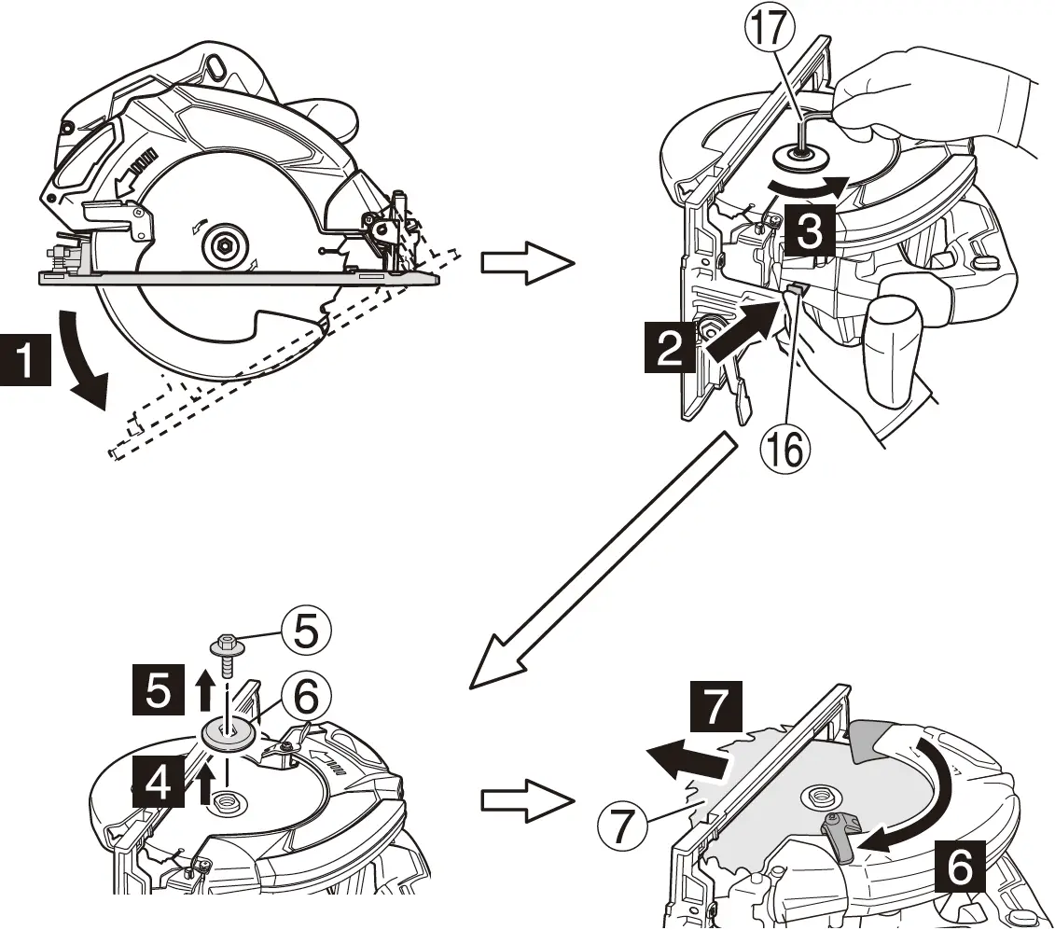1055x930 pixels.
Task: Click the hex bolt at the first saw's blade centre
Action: coord(226,246)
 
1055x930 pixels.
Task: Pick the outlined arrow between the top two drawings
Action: coord(524,264)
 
